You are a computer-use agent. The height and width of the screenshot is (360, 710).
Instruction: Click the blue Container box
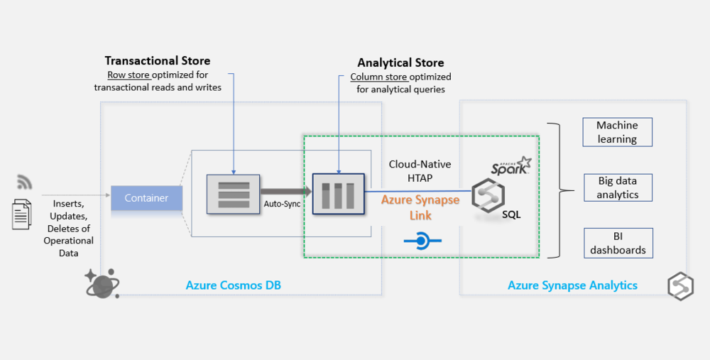146,198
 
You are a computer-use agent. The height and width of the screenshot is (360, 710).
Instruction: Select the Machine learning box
617,132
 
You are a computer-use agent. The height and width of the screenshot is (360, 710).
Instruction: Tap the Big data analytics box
617,187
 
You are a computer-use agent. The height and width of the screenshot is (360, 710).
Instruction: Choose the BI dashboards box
617,243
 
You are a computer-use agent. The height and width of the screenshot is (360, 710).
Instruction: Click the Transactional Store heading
158,61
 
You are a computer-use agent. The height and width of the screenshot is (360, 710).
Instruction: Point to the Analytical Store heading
400,63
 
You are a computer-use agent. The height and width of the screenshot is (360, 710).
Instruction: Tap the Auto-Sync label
283,204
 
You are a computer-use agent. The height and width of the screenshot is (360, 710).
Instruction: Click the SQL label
511,214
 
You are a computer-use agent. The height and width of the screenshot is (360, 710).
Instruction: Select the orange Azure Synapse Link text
420,207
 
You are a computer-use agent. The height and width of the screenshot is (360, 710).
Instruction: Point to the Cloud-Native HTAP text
420,171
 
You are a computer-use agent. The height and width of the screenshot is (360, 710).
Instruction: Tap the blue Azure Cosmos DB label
232,285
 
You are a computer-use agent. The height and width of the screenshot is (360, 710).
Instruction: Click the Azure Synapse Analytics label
572,285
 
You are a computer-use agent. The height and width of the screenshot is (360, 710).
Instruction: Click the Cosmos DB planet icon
102,283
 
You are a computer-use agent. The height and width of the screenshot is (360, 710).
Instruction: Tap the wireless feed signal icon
24,182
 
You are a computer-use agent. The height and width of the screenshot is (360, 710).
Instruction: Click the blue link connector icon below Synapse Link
422,241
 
